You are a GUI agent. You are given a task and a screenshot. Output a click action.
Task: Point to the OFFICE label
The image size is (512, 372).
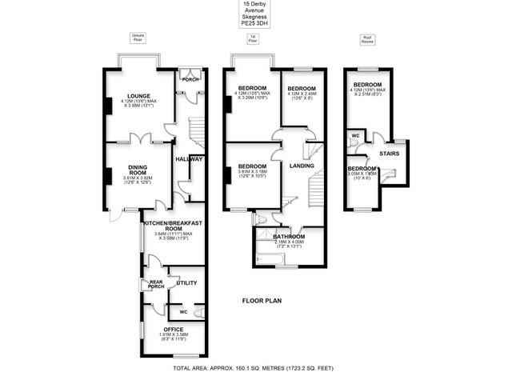pyautogui.click(x=174, y=329)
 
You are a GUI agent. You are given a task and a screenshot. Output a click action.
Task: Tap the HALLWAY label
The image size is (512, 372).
pyautogui.click(x=189, y=158)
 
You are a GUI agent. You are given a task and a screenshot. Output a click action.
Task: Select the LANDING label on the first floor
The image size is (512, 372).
pyautogui.click(x=302, y=166)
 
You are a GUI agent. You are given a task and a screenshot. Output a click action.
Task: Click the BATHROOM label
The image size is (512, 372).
pyautogui.click(x=289, y=237)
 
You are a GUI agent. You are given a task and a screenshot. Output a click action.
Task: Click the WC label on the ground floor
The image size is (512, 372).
pyautogui.click(x=184, y=311)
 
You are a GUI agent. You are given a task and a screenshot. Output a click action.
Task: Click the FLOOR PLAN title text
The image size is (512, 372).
pyautogui.click(x=264, y=302)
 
